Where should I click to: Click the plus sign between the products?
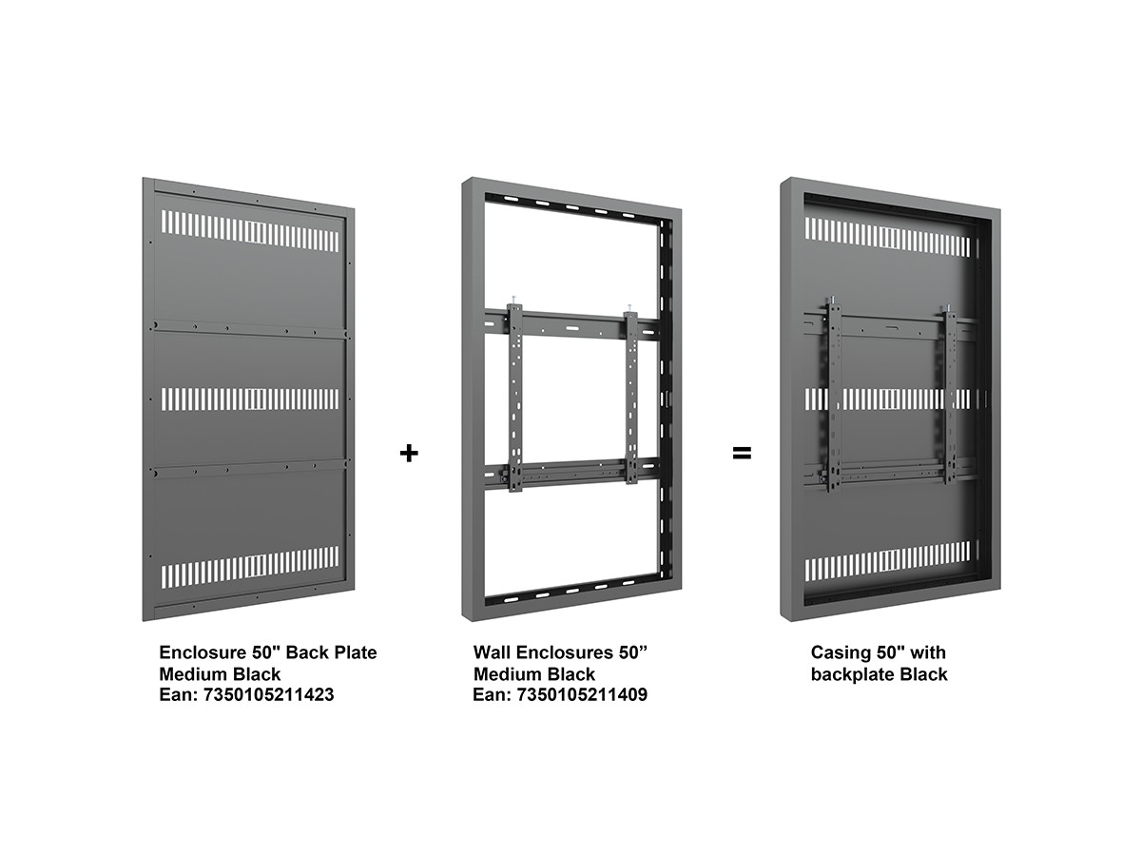(409, 454)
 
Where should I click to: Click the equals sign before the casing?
(742, 453)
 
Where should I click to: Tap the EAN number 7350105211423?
(268, 695)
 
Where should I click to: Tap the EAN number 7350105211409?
(582, 695)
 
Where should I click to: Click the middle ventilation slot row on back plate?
(250, 399)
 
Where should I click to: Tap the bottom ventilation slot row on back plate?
(250, 567)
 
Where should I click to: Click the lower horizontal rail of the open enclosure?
(571, 473)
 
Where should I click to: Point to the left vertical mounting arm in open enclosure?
(515, 398)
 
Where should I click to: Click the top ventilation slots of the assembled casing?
(887, 237)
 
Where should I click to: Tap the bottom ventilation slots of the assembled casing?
(887, 562)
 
